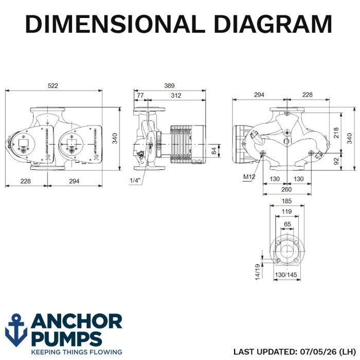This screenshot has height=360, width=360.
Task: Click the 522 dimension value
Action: [x=53, y=86]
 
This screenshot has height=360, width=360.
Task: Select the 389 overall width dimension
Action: [x=169, y=86]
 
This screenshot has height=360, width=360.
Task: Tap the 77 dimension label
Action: [x=140, y=95]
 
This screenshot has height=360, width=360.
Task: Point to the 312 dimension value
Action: [x=176, y=95]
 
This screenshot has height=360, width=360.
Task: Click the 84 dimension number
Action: [x=214, y=151]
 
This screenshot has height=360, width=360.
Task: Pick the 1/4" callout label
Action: [x=135, y=181]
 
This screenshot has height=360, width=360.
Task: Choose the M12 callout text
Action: [x=249, y=177]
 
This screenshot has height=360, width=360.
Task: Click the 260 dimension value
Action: [x=286, y=189]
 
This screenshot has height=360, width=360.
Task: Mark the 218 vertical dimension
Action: [x=336, y=133]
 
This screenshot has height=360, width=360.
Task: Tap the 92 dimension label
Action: [x=336, y=161]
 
